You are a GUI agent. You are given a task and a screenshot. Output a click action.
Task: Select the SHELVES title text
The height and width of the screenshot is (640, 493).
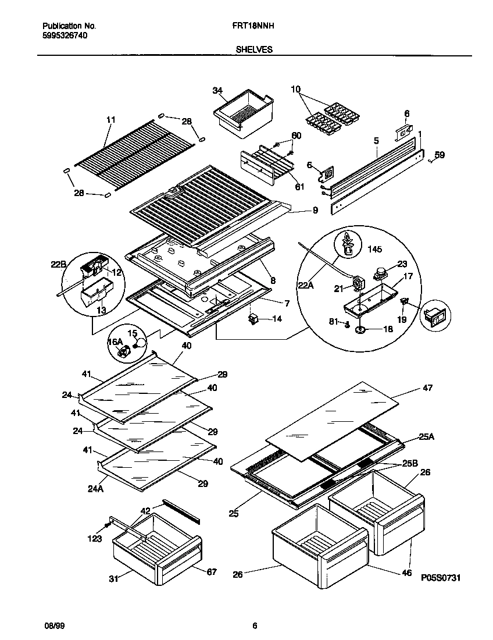[x=254, y=50]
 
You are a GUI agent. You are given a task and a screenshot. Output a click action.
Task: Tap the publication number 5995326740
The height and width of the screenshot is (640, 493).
[x=66, y=35]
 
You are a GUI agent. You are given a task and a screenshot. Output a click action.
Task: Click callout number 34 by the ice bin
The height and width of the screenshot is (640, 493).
[x=217, y=91]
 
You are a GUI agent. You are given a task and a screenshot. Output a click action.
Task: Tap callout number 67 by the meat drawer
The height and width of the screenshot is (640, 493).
[x=211, y=573]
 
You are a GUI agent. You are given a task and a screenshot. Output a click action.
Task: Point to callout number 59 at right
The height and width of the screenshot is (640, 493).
[x=440, y=155]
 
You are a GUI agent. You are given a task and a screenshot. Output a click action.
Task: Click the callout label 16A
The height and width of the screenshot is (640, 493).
[x=116, y=342]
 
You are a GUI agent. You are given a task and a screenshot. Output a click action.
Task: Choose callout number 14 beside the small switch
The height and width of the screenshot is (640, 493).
[x=276, y=319]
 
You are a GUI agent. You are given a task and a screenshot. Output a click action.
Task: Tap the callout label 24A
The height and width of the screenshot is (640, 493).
[x=96, y=489]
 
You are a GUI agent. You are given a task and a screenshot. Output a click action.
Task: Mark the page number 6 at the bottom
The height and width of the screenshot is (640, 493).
[x=255, y=626]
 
